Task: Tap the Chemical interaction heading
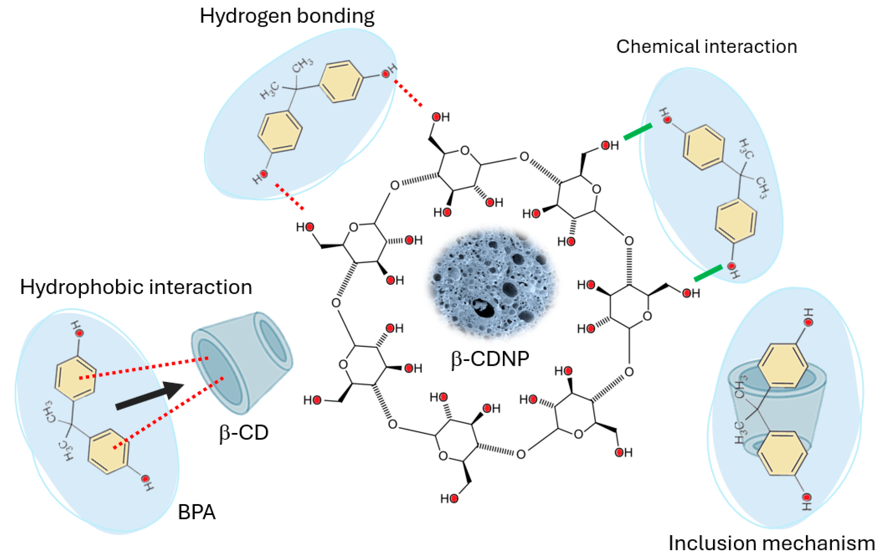[x=706, y=47]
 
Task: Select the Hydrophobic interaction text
[x=136, y=287]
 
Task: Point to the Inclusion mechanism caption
[x=771, y=543]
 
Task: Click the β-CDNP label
[x=490, y=359]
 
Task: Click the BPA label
[x=196, y=512]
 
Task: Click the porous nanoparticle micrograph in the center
[x=491, y=283]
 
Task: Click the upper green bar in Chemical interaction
[x=638, y=132]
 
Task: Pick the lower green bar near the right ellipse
[x=708, y=273]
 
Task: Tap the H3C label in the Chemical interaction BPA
[x=746, y=149]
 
